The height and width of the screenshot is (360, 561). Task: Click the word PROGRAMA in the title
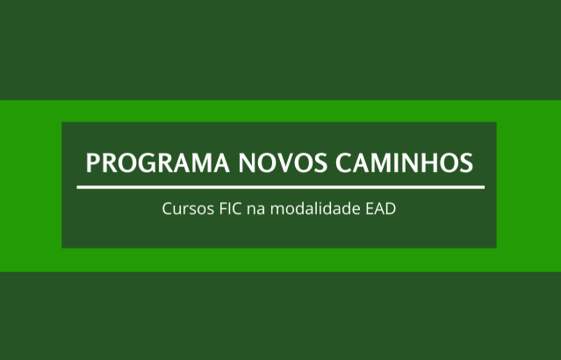[147, 163]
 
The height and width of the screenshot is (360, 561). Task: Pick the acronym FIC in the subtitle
[225, 211]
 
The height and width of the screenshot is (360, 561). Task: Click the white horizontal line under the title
[280, 187]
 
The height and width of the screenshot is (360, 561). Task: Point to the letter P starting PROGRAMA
[93, 163]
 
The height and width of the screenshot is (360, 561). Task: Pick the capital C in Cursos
[167, 211]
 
